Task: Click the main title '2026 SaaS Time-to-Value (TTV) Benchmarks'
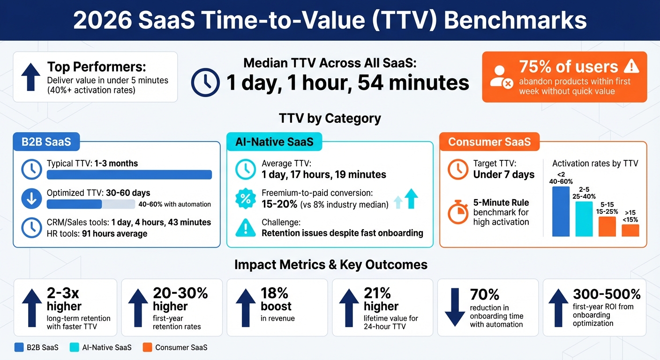pyautogui.click(x=330, y=20)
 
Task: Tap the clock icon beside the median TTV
pyautogui.click(x=205, y=82)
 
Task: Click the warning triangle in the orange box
pyautogui.click(x=631, y=66)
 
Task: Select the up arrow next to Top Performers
pyautogui.click(x=31, y=77)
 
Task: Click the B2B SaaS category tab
pyautogui.click(x=46, y=142)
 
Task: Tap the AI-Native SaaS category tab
pyautogui.click(x=274, y=142)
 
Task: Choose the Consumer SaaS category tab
pyautogui.click(x=489, y=142)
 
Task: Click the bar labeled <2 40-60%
pyautogui.click(x=561, y=211)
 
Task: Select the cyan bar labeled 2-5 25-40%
pyautogui.click(x=584, y=219)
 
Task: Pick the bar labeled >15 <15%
pyautogui.click(x=630, y=230)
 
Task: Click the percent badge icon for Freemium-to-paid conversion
pyautogui.click(x=245, y=198)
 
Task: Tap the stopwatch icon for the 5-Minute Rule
pyautogui.click(x=458, y=213)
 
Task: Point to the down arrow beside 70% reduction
pyautogui.click(x=455, y=307)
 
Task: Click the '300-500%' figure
pyautogui.click(x=606, y=294)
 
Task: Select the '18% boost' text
pyautogui.click(x=276, y=300)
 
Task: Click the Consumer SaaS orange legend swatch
pyautogui.click(x=147, y=347)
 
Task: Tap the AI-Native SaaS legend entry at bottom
pyautogui.click(x=100, y=347)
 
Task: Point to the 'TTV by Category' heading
pyautogui.click(x=330, y=118)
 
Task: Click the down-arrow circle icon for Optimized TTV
pyautogui.click(x=31, y=199)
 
